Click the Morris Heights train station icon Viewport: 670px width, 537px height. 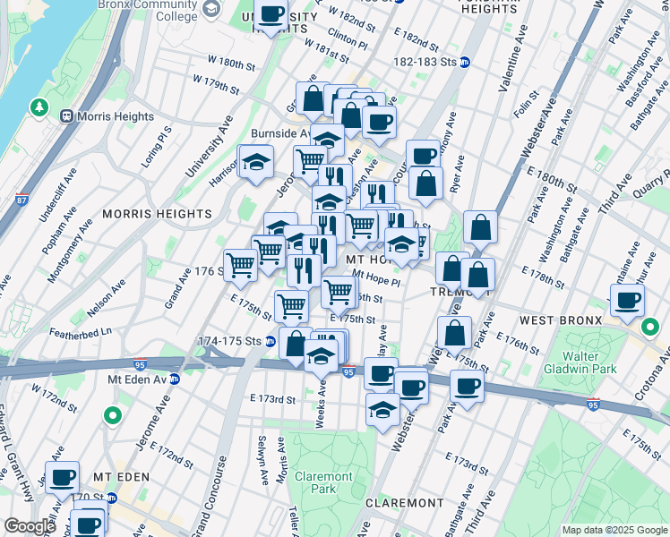(66, 117)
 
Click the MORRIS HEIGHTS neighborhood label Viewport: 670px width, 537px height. (157, 214)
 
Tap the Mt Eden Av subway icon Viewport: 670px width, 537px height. (175, 379)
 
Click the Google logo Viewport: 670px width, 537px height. (30, 526)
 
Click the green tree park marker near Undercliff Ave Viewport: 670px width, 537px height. (39, 108)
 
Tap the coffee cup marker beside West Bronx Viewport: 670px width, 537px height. (628, 301)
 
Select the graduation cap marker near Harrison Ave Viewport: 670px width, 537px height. (256, 163)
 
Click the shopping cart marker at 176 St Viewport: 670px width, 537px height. (239, 265)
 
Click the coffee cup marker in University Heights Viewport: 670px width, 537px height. (272, 15)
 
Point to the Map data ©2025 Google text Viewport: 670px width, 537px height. (614, 530)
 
